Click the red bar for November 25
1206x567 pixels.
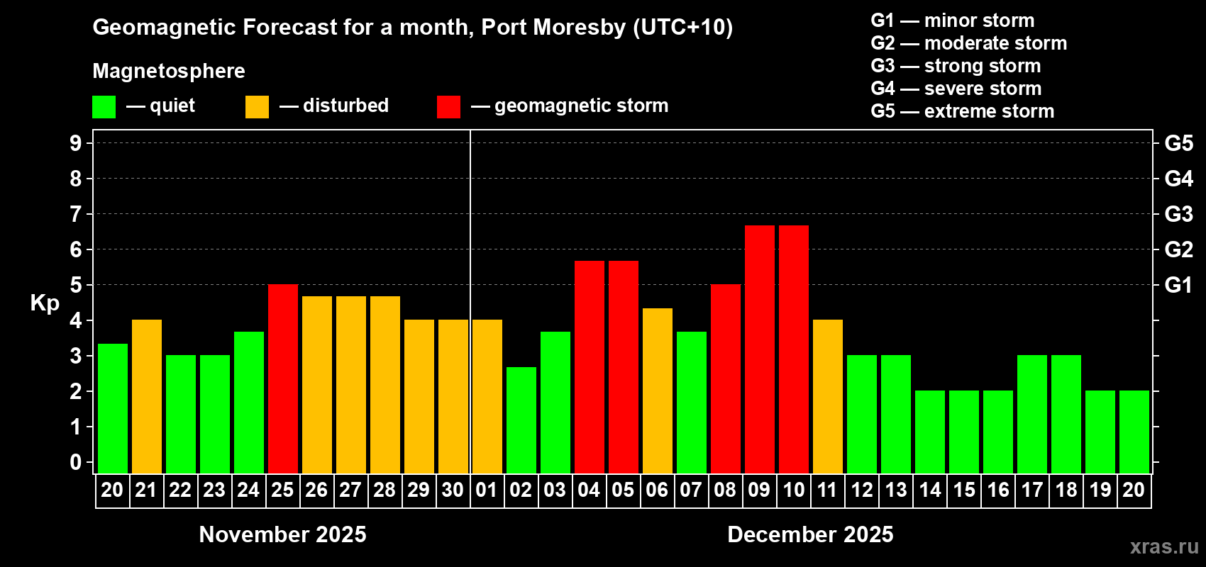pos(283,379)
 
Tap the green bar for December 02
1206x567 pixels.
pos(521,420)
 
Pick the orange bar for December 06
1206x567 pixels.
pos(658,391)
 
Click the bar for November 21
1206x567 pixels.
pos(147,397)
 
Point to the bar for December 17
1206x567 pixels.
pos(1032,415)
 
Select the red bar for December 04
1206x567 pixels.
pos(590,367)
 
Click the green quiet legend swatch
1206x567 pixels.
pos(104,107)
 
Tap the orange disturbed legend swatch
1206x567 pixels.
pos(257,107)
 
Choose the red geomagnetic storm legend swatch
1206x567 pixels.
pos(448,107)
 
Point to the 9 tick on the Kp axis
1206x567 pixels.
pos(76,143)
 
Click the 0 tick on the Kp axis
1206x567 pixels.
pos(76,463)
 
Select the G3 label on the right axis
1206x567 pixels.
pos(1178,214)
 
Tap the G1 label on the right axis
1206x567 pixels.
pos(1178,285)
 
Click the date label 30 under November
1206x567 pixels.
pos(453,490)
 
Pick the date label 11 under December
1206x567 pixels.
pos(827,490)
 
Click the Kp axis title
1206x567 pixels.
pos(45,303)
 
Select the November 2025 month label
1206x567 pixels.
pos(282,534)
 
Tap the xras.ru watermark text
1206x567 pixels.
pos(1163,546)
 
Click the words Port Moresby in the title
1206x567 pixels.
pos(553,28)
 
